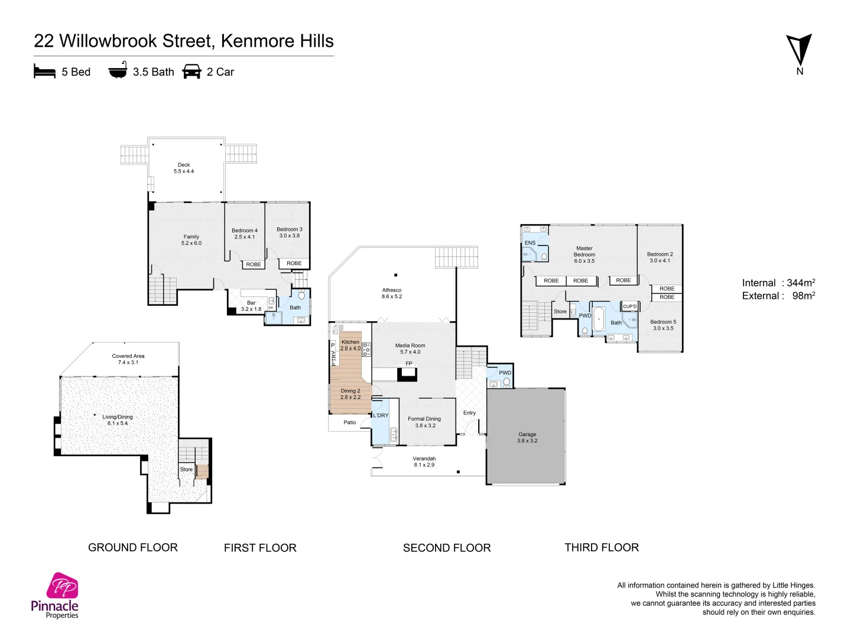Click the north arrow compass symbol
pyautogui.click(x=799, y=51)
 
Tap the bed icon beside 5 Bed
pyautogui.click(x=44, y=72)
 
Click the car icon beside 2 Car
pyautogui.click(x=192, y=72)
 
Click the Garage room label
pyautogui.click(x=527, y=434)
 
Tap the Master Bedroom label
pyautogui.click(x=584, y=251)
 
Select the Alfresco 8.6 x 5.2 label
pyautogui.click(x=392, y=293)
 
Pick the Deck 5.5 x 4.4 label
pyautogui.click(x=184, y=168)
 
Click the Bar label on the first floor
pyautogui.click(x=251, y=303)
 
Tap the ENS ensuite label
pyautogui.click(x=530, y=243)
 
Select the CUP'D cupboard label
pyautogui.click(x=630, y=306)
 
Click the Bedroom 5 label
pyautogui.click(x=663, y=322)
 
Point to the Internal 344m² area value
pyautogui.click(x=800, y=283)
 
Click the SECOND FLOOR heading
pyautogui.click(x=447, y=548)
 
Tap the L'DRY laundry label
pyautogui.click(x=381, y=415)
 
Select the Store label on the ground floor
pyautogui.click(x=186, y=469)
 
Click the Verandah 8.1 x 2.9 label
pyautogui.click(x=424, y=461)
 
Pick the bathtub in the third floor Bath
pyautogui.click(x=599, y=319)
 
